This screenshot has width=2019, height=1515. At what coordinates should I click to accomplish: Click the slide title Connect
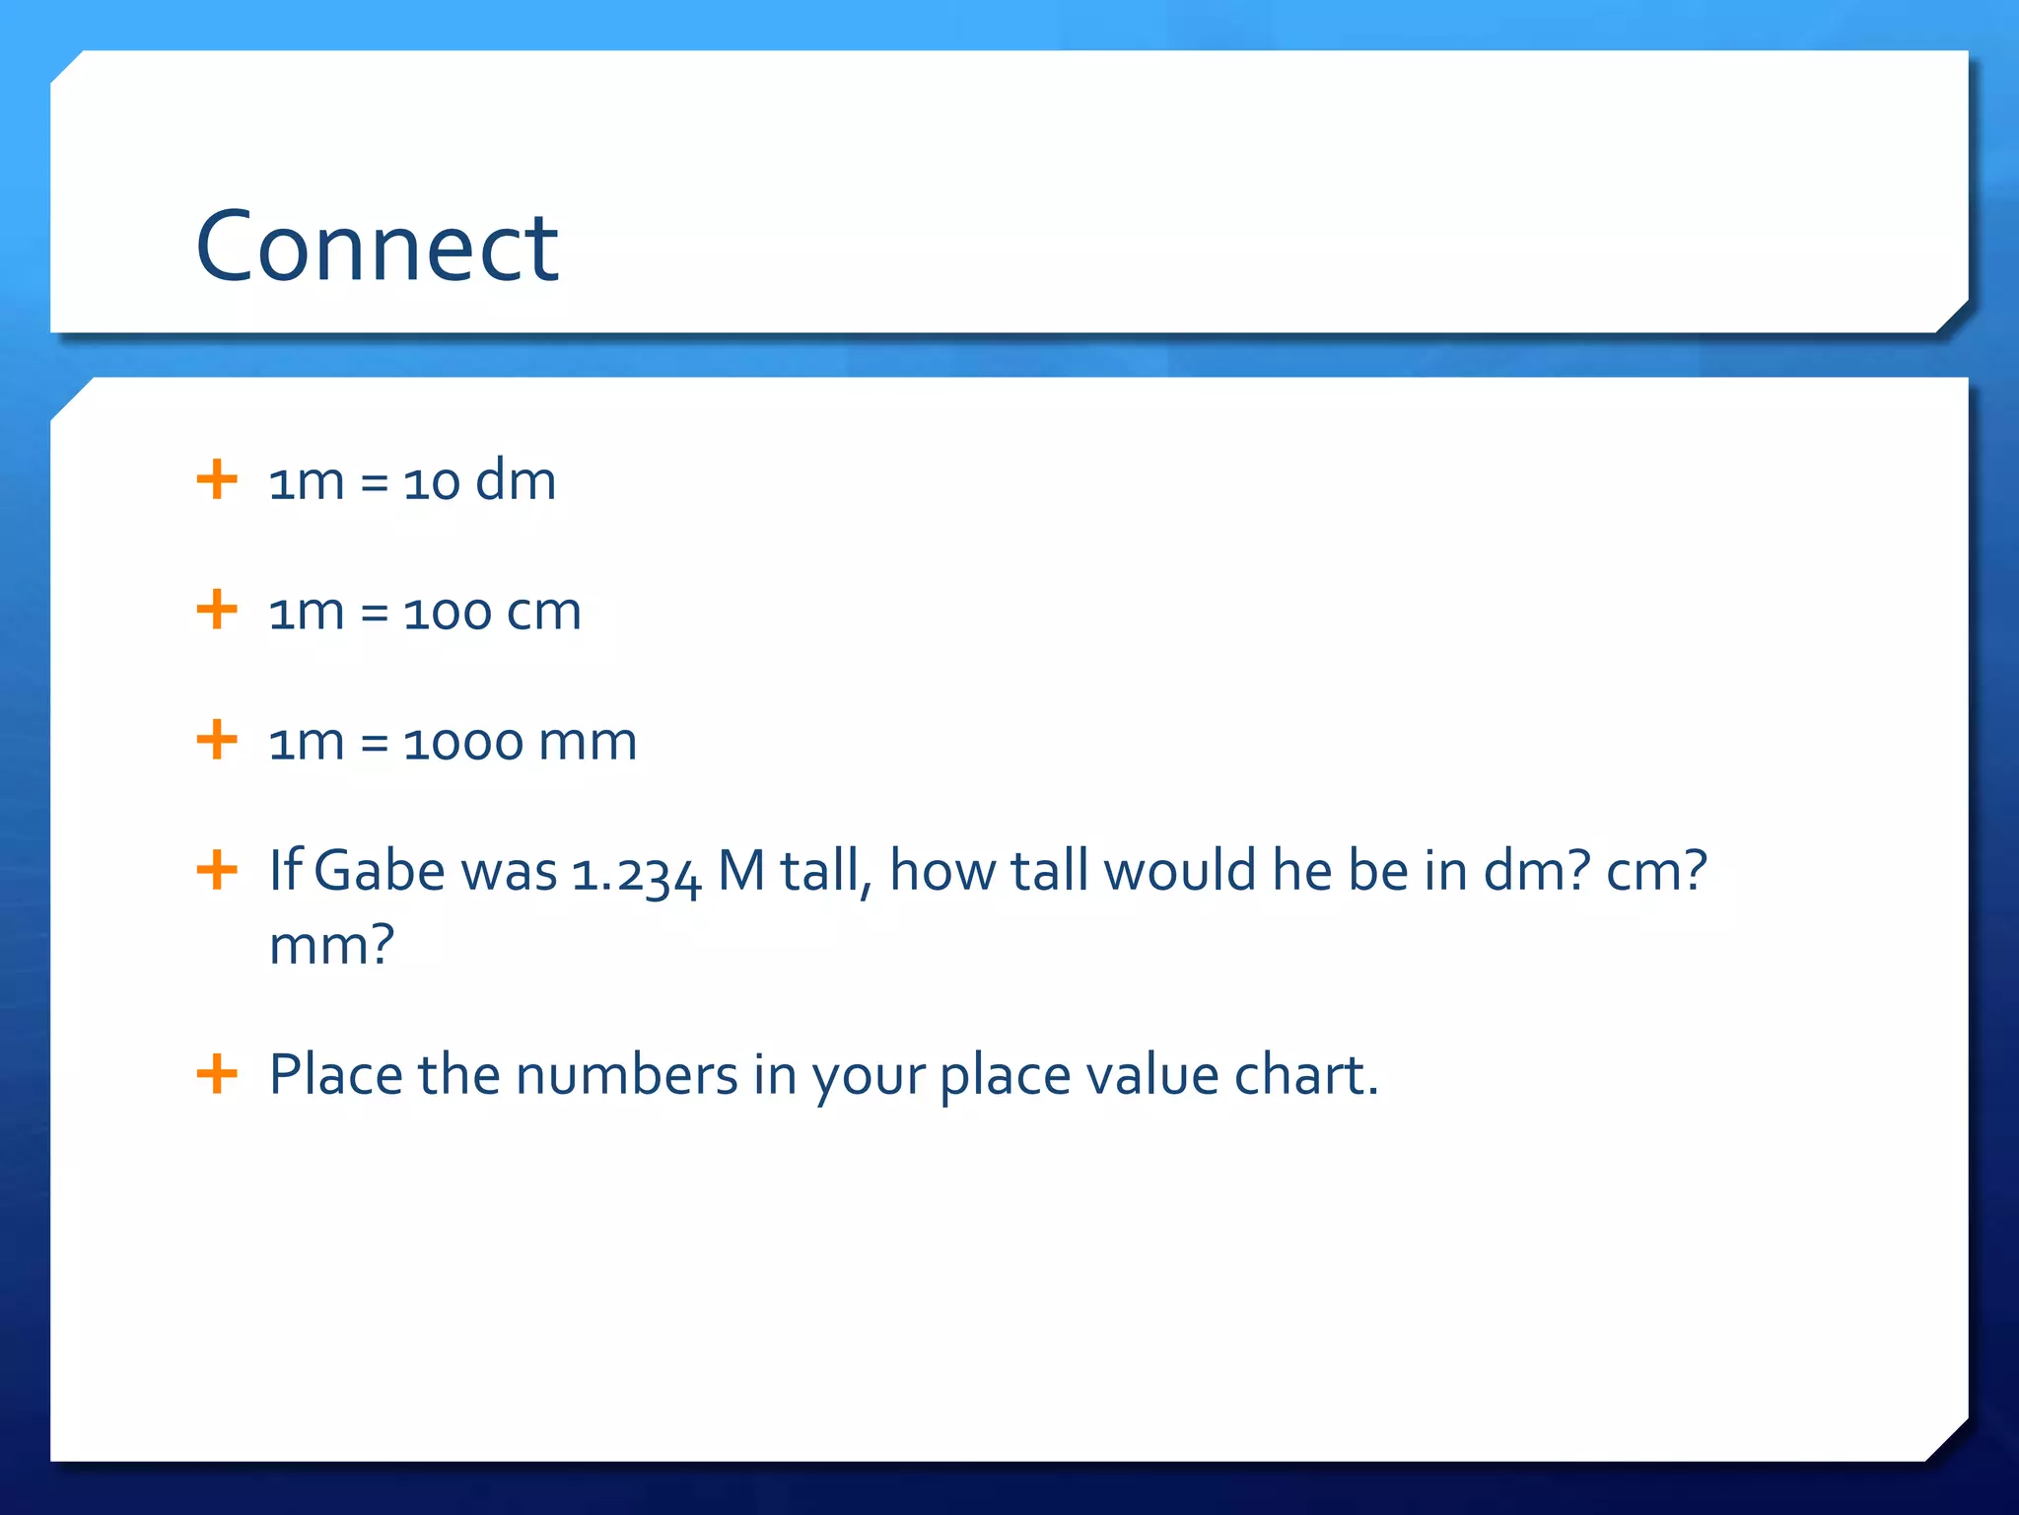378,247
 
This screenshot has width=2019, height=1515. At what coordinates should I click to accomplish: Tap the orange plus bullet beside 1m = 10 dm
217,480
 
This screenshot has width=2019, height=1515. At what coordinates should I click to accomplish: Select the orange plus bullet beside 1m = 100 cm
217,610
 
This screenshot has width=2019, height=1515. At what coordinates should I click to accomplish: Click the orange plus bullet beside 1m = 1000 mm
217,740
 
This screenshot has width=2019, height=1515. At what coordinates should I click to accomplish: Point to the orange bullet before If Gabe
217,870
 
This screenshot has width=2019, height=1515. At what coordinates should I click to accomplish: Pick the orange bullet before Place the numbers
217,1073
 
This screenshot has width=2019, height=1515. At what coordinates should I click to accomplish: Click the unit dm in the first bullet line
516,480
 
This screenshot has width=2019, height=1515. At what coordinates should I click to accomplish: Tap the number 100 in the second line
447,613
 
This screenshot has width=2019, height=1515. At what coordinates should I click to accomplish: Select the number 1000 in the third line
462,743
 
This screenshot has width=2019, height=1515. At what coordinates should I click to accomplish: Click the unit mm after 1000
589,743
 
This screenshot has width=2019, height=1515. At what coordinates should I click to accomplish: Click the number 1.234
636,874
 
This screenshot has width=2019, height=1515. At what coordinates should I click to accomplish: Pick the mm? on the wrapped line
331,945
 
